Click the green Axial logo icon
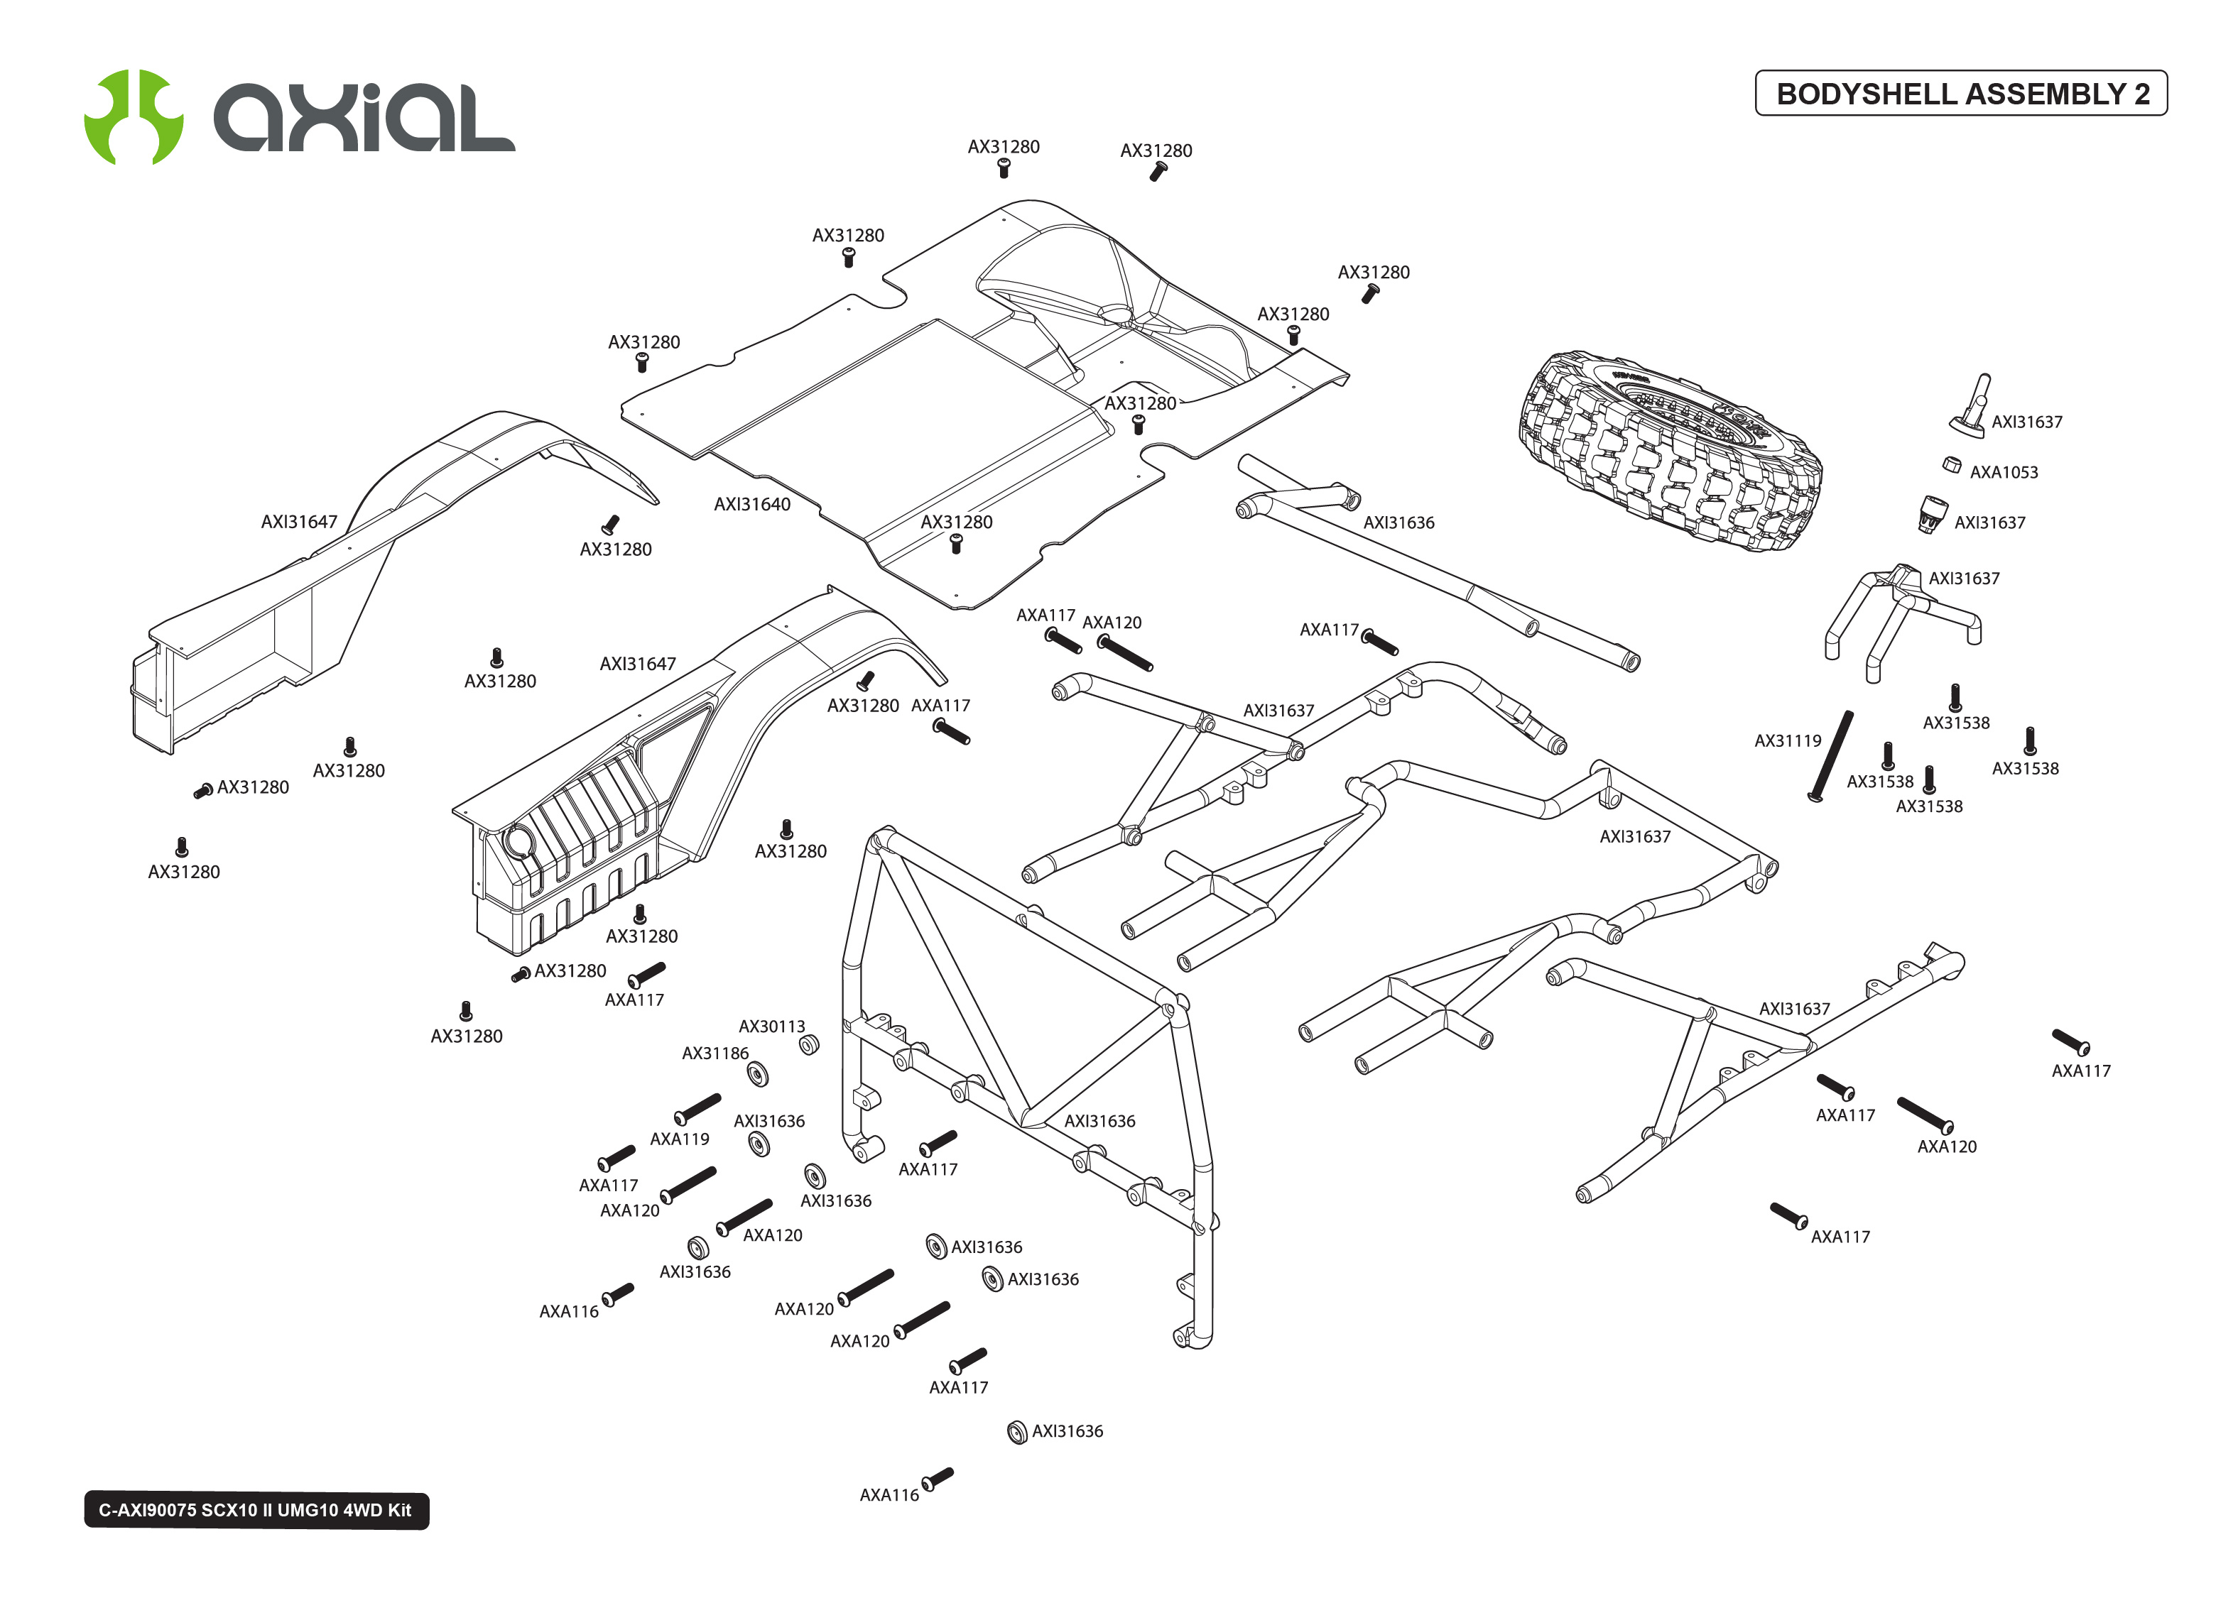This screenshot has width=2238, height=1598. click(133, 116)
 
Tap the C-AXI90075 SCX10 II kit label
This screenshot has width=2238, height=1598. click(256, 1509)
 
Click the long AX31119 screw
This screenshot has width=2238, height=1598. click(1832, 756)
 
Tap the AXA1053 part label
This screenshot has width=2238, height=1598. click(2003, 472)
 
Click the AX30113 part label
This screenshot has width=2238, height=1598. click(771, 1027)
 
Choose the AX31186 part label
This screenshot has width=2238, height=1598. click(715, 1054)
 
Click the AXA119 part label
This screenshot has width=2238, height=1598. click(679, 1139)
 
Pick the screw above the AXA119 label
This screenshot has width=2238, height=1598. click(697, 1108)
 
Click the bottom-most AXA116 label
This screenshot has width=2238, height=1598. click(889, 1494)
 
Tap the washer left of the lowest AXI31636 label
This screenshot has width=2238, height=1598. click(1016, 1432)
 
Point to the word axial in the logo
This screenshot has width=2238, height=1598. click(364, 118)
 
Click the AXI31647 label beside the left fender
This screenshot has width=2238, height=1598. click(298, 522)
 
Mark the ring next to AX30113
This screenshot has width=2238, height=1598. click(808, 1045)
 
